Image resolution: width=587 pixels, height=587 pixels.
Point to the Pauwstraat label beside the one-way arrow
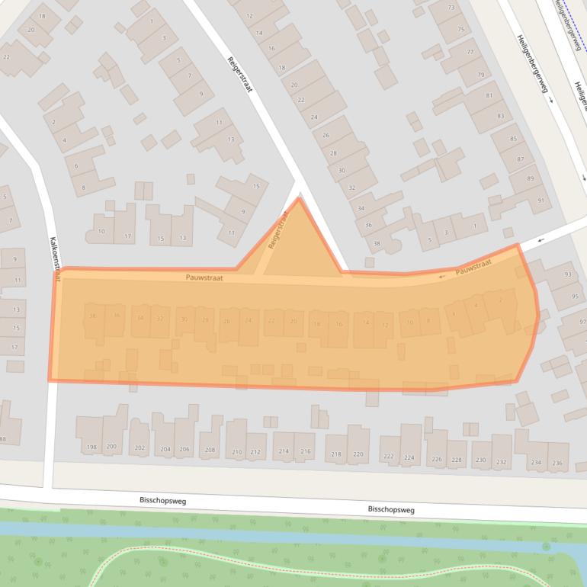pyautogui.click(x=473, y=268)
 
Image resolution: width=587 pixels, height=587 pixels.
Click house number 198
pyautogui.click(x=92, y=447)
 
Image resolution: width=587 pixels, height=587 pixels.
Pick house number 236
pyautogui.click(x=557, y=463)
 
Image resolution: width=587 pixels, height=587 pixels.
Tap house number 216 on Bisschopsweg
pyautogui.click(x=306, y=452)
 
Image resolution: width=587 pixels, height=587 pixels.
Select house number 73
pyautogui.click(x=451, y=8)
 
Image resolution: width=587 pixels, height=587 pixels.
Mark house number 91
pyautogui.click(x=541, y=200)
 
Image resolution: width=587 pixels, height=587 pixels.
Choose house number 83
pyautogui.click(x=500, y=116)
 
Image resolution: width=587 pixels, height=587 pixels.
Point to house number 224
pyautogui.click(x=409, y=457)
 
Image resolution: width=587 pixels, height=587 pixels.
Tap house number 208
pyautogui.click(x=210, y=450)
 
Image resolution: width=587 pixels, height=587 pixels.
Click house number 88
pyautogui.click(x=2, y=438)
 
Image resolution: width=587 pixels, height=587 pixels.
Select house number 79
pyautogui.click(x=480, y=75)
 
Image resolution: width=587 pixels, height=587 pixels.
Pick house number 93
pyautogui.click(x=567, y=274)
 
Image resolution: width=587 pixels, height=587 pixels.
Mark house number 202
pyautogui.click(x=140, y=448)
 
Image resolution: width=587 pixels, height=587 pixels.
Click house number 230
pyautogui.click(x=480, y=460)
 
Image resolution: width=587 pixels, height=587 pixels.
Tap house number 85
pyautogui.click(x=513, y=139)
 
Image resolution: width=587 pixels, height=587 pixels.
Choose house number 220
pyautogui.click(x=357, y=455)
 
